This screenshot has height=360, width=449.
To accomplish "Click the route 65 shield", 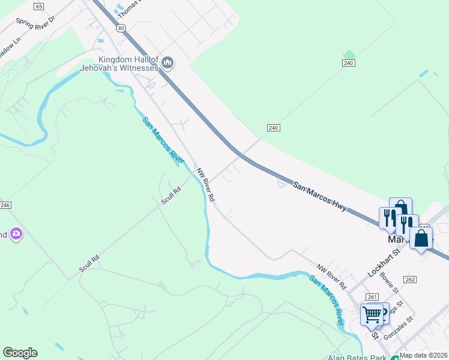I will (39, 7).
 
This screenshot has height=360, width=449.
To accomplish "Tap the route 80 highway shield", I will (121, 28).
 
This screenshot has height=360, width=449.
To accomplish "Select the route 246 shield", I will (5, 205).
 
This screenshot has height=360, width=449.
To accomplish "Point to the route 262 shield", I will (410, 280).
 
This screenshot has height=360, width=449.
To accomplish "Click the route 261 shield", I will (372, 296).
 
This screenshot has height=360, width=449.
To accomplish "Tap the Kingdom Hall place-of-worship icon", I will (167, 62).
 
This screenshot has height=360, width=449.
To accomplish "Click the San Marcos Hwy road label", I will (320, 196).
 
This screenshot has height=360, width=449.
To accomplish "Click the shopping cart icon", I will (372, 314).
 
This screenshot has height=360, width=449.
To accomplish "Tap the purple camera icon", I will (16, 233).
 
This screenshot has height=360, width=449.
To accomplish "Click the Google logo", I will (20, 353).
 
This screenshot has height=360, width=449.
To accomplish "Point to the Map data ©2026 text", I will (424, 355).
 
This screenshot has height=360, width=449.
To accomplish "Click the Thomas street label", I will (126, 8).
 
